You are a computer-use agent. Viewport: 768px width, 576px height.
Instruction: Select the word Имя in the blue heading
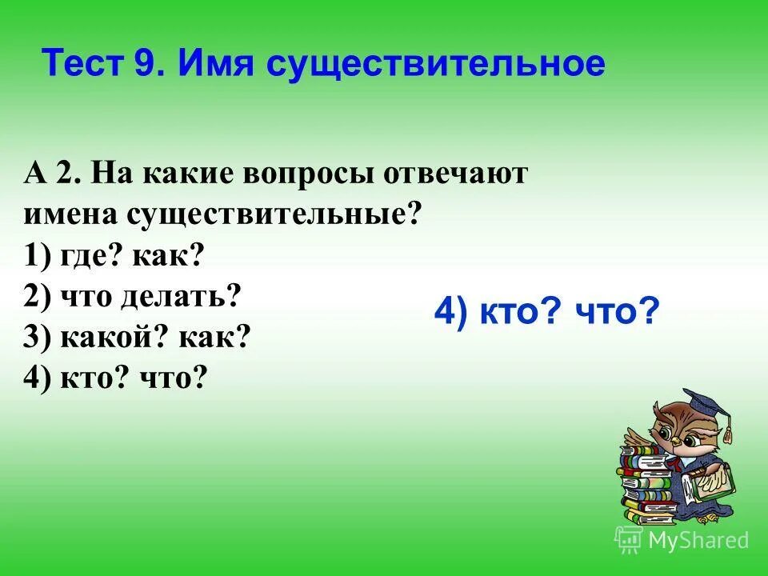click(x=211, y=63)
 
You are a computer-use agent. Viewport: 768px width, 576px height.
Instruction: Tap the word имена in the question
click(x=70, y=214)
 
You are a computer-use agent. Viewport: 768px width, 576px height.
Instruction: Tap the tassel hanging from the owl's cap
click(x=727, y=433)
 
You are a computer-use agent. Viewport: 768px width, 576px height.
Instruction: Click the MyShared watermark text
click(x=698, y=541)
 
